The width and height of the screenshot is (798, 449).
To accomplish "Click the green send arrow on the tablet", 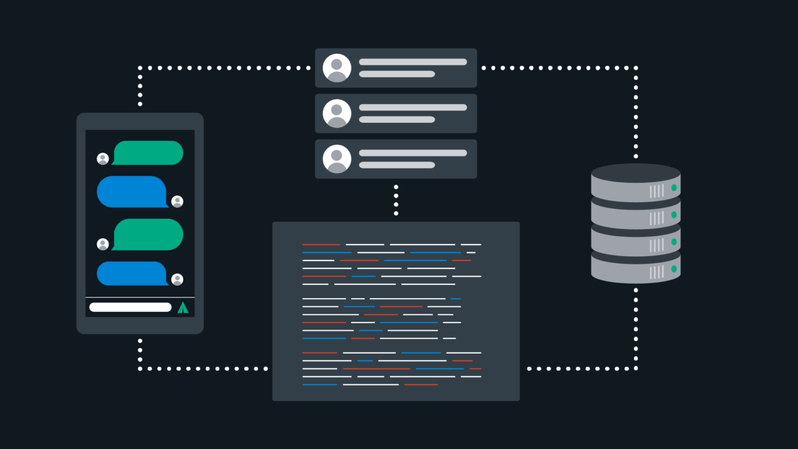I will [183, 307].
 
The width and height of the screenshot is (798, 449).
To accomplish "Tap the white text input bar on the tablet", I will [130, 307].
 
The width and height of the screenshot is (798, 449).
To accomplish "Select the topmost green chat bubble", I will [148, 153].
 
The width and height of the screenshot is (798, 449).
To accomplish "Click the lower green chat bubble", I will [148, 234].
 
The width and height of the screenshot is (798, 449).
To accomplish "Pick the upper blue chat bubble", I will [132, 191].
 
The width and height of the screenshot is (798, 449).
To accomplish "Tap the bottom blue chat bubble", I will [132, 273].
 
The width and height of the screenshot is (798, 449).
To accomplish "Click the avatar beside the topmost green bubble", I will [103, 159].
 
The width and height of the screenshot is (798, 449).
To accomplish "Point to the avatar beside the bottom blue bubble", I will [177, 279].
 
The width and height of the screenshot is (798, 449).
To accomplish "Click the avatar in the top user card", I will [337, 68].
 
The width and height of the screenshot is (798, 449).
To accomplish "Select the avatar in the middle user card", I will [337, 113].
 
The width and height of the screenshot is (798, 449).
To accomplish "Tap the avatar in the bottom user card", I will [337, 159].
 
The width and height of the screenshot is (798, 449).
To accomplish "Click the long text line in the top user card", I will [413, 62].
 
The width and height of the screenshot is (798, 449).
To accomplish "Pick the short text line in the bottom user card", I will [397, 165].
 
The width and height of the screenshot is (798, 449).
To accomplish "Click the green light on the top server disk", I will [674, 188].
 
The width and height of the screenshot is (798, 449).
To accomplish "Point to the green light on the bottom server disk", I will [674, 269].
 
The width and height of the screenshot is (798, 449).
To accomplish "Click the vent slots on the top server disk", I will [656, 191].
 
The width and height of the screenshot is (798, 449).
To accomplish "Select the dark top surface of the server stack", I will [635, 171].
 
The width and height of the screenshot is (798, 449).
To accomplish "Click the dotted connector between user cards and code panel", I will [396, 200].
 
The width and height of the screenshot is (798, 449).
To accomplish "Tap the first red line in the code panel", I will [321, 244].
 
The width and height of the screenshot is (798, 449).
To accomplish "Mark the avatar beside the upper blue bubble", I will [177, 201].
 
